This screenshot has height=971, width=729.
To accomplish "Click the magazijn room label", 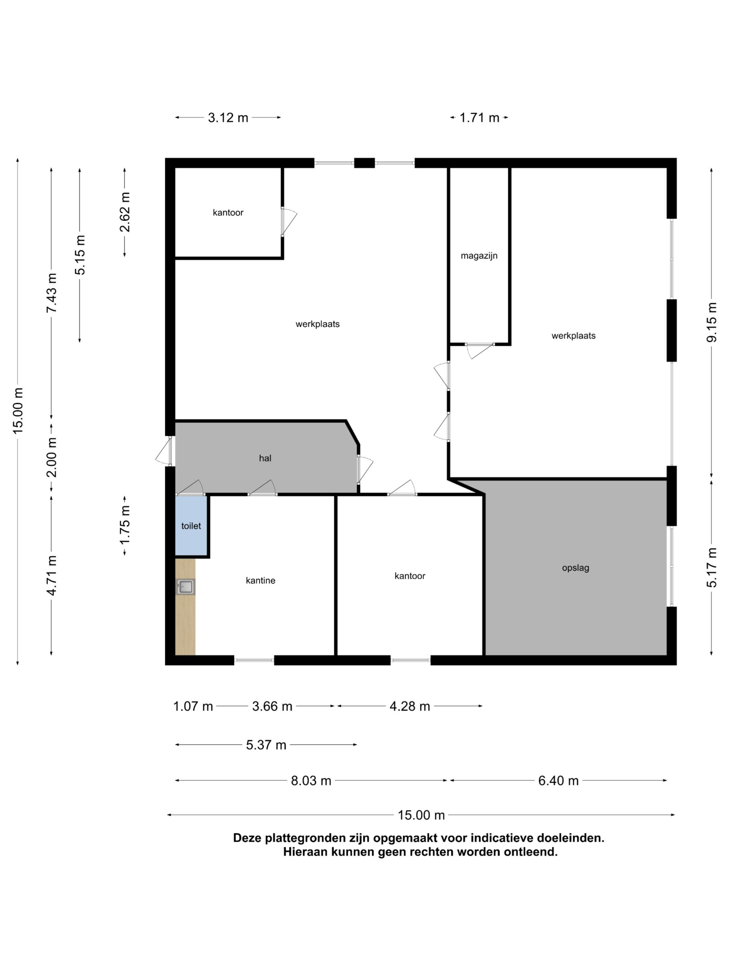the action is pos(479,256).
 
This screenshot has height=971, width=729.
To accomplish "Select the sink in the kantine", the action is pos(185,586).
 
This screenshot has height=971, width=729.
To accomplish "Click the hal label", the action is pos(265,458).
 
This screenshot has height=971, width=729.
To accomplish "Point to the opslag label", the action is pos(575,568).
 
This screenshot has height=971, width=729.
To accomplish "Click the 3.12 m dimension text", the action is pos(228,118).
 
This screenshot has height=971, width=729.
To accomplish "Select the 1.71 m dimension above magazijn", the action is pos(479,118).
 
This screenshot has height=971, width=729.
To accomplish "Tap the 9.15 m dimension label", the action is pos(712,322).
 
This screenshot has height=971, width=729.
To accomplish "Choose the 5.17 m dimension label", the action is pos(712,568).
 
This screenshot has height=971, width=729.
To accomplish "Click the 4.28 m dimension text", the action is pos(410,706).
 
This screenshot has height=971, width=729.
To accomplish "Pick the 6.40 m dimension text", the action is pos(558,781).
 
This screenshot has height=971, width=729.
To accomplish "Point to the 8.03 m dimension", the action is pos(311,781).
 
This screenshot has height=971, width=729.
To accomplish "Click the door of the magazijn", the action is pos(480,351).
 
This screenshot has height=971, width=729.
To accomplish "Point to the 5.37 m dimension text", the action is pos(266,745).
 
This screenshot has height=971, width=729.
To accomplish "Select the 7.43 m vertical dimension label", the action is pos(51,293).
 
